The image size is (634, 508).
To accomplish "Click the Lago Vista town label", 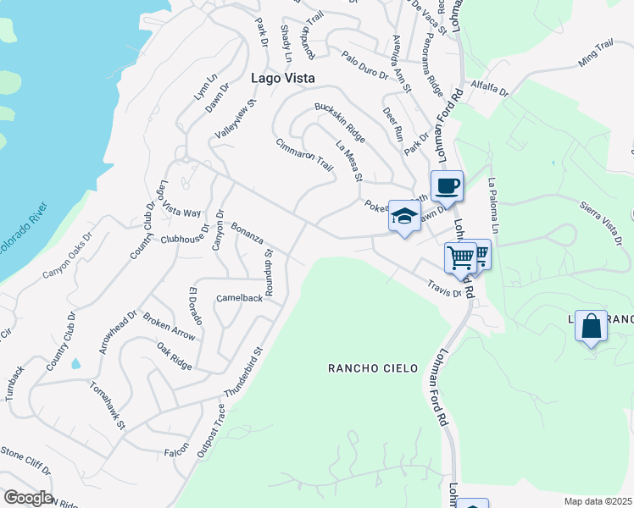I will tap(283, 77).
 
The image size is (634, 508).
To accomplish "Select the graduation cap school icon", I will tap(405, 215).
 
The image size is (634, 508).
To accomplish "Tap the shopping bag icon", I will tap(591, 325).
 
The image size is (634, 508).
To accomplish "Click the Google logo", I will tap(27, 498).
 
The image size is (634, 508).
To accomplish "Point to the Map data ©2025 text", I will tap(598, 501).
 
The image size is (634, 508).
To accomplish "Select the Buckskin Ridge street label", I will tap(340, 123).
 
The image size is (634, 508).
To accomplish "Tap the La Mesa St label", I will tap(348, 161).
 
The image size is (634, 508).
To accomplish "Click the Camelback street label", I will tap(239, 298).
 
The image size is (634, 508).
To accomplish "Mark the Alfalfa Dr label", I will tap(487, 88).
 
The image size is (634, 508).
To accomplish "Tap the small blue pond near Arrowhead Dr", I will tap(76, 364).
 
